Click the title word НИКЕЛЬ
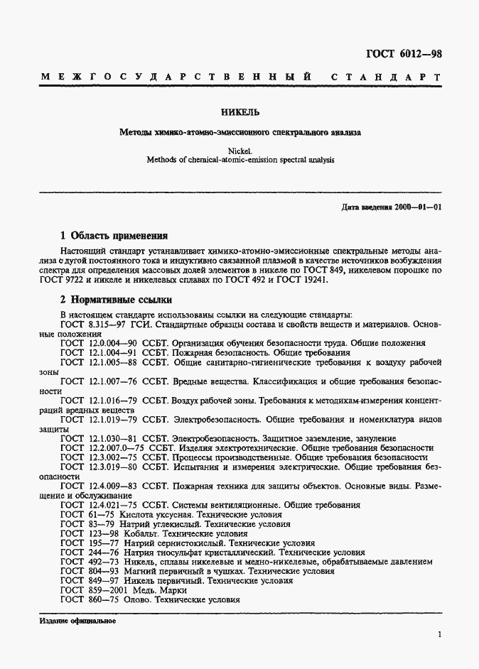(239, 111)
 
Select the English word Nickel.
(239, 150)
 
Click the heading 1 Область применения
(114, 236)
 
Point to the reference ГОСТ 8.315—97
(89, 324)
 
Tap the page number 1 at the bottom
(440, 634)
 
